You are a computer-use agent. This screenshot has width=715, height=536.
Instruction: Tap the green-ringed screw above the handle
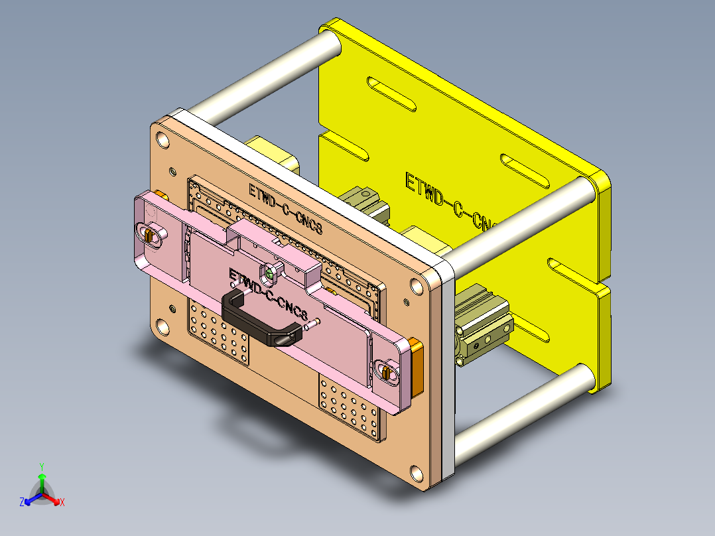point(270,273)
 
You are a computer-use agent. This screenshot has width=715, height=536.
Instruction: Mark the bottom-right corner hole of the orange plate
point(417,473)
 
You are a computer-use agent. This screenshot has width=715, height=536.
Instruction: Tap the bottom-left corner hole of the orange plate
point(162,327)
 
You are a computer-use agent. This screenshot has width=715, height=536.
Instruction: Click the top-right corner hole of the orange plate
point(417,286)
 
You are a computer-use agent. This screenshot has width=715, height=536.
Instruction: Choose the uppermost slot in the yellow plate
point(391,95)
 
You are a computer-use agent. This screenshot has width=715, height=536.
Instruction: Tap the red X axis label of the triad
point(62,503)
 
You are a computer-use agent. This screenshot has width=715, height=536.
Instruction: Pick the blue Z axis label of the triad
point(22,503)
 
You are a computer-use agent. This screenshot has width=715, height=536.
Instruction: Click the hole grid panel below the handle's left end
point(219,332)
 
